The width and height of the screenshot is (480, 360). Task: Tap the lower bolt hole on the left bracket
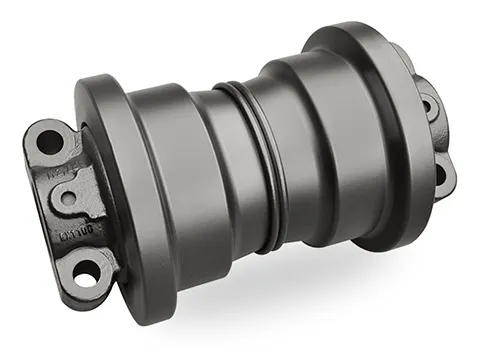[88, 270]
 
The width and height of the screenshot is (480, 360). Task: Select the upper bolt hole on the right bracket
[431, 104]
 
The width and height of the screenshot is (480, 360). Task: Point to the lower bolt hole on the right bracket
[439, 177]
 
